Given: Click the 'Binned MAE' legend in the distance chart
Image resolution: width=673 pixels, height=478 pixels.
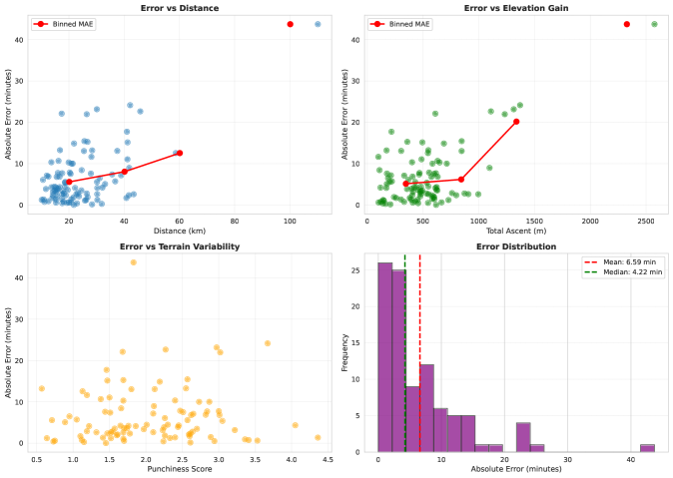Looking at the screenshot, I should (x=62, y=23).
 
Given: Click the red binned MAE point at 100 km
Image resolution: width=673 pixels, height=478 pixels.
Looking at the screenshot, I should (x=290, y=24).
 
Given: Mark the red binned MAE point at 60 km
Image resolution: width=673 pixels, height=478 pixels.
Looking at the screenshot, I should (x=180, y=153).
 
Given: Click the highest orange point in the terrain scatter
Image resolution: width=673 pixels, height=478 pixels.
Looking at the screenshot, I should (x=133, y=262).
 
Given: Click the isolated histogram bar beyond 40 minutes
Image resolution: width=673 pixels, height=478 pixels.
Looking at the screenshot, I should (x=647, y=448).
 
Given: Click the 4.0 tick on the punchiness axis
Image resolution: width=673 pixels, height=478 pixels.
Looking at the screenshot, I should (x=291, y=458).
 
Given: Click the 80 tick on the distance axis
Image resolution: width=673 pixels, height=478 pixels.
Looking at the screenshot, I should (x=235, y=220).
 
